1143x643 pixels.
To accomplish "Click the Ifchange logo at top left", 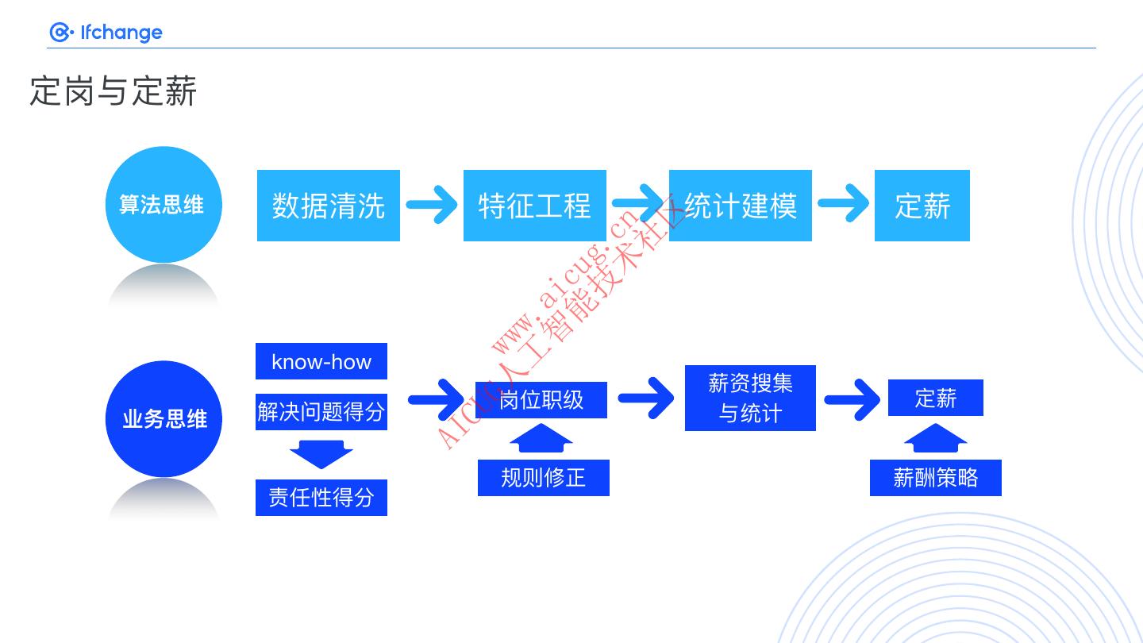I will [x=106, y=32].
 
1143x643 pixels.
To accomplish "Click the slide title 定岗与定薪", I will [x=113, y=91].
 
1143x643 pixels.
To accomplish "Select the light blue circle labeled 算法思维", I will [x=163, y=205].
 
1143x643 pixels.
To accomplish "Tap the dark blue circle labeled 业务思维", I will [x=164, y=418].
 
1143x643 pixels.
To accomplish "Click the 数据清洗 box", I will [x=328, y=206].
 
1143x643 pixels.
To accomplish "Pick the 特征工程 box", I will [x=534, y=206].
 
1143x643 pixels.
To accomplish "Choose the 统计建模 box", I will [x=740, y=206].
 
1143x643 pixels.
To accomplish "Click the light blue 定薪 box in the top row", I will [x=922, y=206].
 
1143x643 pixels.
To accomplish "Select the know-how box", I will [x=321, y=361].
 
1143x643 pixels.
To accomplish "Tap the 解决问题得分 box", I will [x=321, y=412].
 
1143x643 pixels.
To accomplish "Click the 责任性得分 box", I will [x=321, y=498].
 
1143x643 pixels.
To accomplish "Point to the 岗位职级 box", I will [x=541, y=400].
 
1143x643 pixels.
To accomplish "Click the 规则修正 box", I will [x=543, y=478].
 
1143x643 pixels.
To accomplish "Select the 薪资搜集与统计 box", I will [x=750, y=399].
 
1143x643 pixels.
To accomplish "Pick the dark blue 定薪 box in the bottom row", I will [x=935, y=398].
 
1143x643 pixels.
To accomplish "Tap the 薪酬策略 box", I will [x=935, y=478].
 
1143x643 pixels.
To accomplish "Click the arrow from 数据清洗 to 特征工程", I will [x=432, y=205].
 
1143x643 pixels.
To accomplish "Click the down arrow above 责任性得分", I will [x=321, y=455].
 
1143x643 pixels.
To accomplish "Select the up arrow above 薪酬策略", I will [x=935, y=438].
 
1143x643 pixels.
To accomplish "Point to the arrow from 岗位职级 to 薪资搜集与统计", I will [x=646, y=398].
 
